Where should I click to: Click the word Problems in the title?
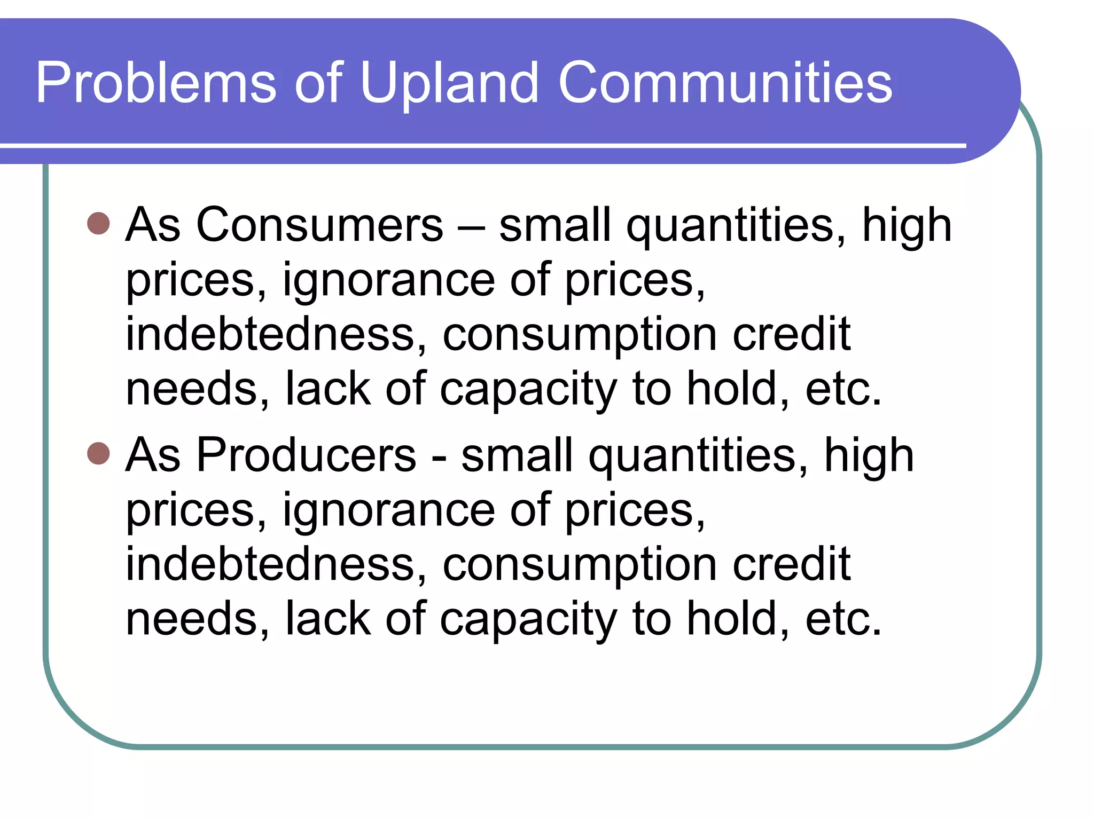point(155,83)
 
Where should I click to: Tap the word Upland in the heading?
point(449,83)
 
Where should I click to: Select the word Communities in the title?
point(725,83)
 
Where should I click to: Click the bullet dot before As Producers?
point(98,454)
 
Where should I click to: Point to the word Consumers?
point(319,225)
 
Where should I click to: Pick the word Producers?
point(306,455)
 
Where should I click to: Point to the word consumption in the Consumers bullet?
point(580,335)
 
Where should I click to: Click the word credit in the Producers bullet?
point(792,564)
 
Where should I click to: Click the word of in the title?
point(318,83)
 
